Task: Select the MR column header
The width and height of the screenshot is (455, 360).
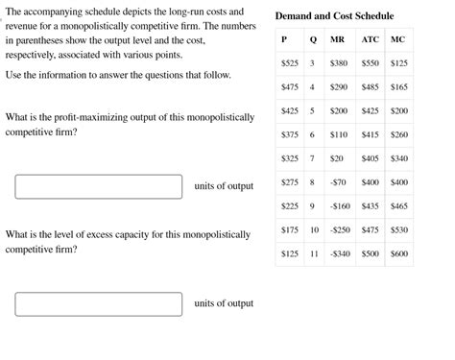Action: pyautogui.click(x=338, y=39)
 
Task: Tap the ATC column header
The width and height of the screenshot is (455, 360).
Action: pyautogui.click(x=371, y=39)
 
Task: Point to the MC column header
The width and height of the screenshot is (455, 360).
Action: pyautogui.click(x=398, y=39)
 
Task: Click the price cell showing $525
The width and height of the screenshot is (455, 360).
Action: pyautogui.click(x=290, y=62)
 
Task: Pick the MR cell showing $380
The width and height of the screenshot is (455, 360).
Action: pyautogui.click(x=339, y=62)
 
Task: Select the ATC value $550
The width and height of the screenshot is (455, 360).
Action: pyautogui.click(x=371, y=62)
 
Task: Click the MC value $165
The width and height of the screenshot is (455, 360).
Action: pyautogui.click(x=399, y=86)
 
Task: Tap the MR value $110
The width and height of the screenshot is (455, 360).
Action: pyautogui.click(x=339, y=134)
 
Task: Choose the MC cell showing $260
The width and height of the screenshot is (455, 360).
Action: pyautogui.click(x=399, y=134)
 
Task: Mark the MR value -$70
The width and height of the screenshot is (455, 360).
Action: pyautogui.click(x=338, y=182)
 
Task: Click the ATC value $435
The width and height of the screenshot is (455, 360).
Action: pyautogui.click(x=371, y=206)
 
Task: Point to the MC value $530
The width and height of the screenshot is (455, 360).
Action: pyautogui.click(x=399, y=230)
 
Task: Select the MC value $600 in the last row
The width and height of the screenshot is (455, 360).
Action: pyautogui.click(x=399, y=254)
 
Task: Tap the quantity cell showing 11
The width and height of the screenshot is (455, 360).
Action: pyautogui.click(x=313, y=254)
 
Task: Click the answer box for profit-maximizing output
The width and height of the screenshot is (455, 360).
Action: pyautogui.click(x=99, y=186)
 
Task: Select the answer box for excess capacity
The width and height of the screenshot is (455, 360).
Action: pyautogui.click(x=99, y=303)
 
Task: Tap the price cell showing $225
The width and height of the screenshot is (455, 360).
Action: pyautogui.click(x=290, y=206)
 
